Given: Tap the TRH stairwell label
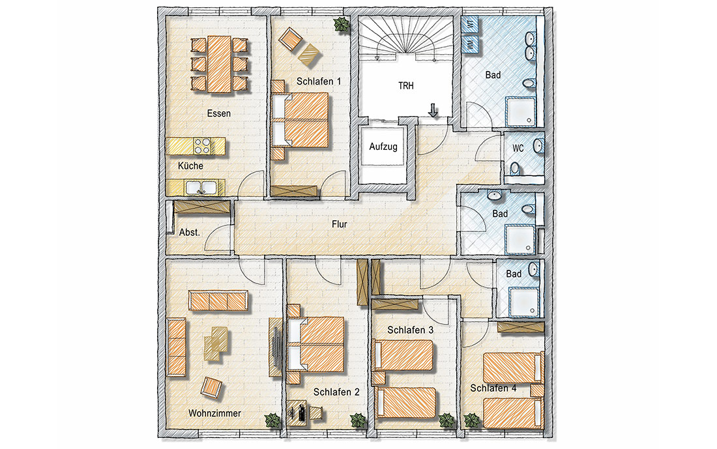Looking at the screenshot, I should (407, 85).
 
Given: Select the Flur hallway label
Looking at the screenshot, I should (338, 225).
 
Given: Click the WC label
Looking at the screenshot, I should (518, 148).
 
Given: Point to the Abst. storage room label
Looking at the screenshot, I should (189, 232).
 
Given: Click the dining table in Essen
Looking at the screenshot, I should (220, 65).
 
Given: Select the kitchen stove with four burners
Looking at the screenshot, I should (203, 146).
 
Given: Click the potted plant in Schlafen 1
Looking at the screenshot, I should (341, 25).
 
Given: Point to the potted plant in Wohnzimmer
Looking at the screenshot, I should (271, 420).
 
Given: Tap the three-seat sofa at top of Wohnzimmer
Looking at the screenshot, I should (218, 300).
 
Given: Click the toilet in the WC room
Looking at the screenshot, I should (515, 169).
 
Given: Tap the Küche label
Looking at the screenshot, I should (190, 166).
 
